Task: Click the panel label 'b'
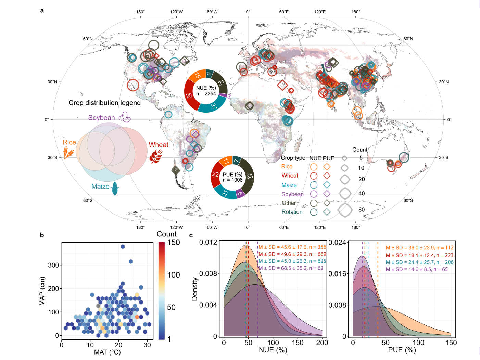[42, 235]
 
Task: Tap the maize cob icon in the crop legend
[115, 188]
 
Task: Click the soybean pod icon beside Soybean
[125, 117]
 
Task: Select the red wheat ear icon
[156, 156]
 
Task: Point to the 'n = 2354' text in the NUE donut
[206, 94]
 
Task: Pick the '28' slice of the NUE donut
[189, 95]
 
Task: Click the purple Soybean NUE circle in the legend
[314, 194]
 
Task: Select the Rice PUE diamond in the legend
[327, 167]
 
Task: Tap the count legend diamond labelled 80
[345, 210]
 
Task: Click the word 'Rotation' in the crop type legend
[292, 212]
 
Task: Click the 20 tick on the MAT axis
[119, 345]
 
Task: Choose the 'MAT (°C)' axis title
[107, 352]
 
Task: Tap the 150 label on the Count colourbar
[174, 243]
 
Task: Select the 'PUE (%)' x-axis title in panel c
[402, 350]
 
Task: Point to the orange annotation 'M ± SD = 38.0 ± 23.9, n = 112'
[419, 248]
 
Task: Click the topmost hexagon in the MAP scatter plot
[123, 247]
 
